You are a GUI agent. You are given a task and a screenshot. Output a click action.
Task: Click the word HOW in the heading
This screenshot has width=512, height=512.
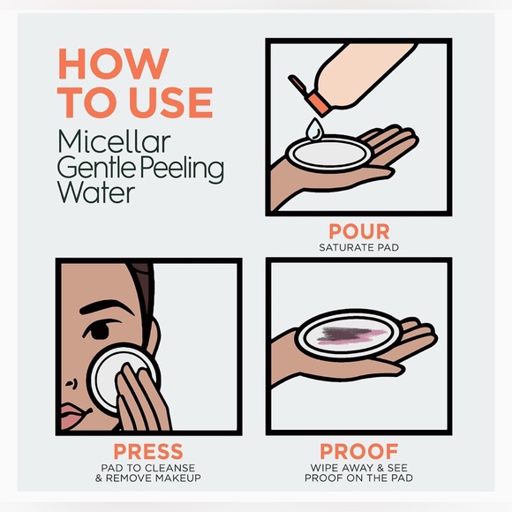(x=114, y=64)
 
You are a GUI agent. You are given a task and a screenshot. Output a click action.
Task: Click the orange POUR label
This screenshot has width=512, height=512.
(x=359, y=231)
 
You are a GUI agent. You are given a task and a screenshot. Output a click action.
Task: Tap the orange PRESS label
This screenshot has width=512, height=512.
(x=148, y=451)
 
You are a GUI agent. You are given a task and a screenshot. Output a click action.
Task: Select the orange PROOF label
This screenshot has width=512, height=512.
(x=359, y=451)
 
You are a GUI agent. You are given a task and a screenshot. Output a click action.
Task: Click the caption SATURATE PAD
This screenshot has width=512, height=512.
(x=359, y=247)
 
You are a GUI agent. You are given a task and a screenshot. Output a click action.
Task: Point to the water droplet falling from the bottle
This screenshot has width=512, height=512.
(x=313, y=129)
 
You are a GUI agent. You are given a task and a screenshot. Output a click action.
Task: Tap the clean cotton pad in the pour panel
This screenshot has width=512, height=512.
(x=329, y=154)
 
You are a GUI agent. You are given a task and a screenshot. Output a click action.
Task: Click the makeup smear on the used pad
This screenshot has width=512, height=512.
(x=350, y=335)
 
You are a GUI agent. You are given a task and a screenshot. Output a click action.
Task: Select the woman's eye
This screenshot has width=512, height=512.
(x=99, y=330)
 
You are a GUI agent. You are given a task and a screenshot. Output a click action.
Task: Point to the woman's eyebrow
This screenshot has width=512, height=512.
(x=104, y=307)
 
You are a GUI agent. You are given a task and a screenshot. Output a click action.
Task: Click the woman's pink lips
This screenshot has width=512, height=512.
(x=74, y=416)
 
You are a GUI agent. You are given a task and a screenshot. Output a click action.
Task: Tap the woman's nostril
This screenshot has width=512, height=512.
(x=73, y=383)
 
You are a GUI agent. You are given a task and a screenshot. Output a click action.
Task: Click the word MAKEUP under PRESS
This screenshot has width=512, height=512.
(x=178, y=478)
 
